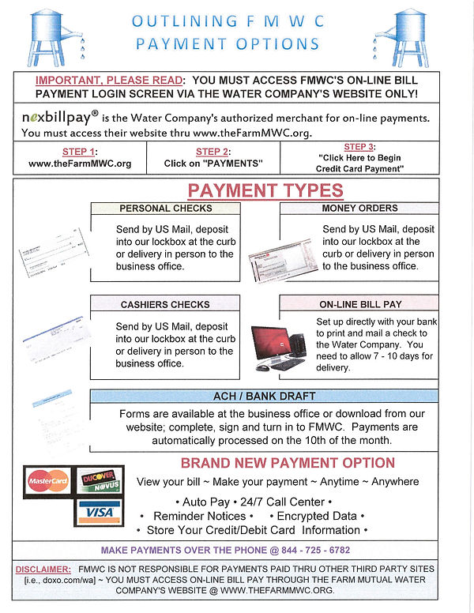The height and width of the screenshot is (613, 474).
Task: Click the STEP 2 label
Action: (x=213, y=152)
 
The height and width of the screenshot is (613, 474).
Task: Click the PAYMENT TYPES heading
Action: (x=265, y=190)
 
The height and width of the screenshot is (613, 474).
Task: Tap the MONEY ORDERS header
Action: (x=359, y=209)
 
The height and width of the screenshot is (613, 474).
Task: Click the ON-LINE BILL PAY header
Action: (x=359, y=304)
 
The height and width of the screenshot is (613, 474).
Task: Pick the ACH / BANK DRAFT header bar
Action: (x=264, y=396)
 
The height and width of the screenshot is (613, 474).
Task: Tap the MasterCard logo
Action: (x=49, y=480)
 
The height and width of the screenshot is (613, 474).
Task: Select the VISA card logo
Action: (x=100, y=512)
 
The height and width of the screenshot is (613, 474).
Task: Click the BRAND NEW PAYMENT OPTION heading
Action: (x=288, y=463)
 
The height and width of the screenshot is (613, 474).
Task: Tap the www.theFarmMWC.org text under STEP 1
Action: (x=80, y=164)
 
